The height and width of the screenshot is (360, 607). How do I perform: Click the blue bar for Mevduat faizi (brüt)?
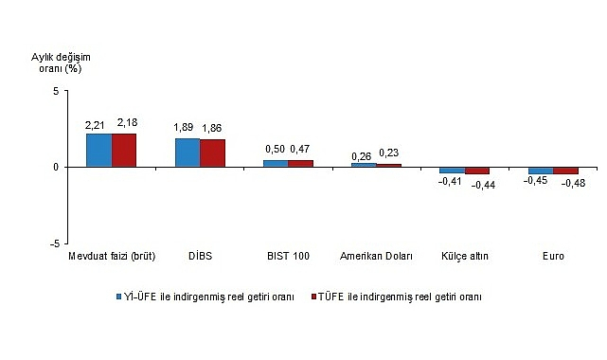click(x=99, y=150)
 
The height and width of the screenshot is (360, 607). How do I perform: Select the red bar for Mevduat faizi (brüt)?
click(x=125, y=150)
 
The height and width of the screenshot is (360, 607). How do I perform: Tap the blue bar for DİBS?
click(x=187, y=153)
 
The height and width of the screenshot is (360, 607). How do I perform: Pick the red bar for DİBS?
click(x=213, y=153)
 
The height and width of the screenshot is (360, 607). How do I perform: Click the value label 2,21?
click(x=96, y=124)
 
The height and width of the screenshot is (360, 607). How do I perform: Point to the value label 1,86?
click(x=215, y=129)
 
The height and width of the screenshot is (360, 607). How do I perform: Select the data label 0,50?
click(x=274, y=150)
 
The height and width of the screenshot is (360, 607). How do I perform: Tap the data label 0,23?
click(x=388, y=153)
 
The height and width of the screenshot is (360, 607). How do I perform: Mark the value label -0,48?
click(x=572, y=184)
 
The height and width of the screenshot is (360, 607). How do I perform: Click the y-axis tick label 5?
click(x=56, y=91)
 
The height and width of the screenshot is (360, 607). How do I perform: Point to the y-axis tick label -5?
click(x=54, y=243)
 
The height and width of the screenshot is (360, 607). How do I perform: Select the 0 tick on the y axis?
click(x=56, y=167)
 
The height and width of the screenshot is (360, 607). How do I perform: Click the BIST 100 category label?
click(x=288, y=257)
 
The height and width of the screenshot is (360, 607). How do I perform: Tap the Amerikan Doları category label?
click(x=376, y=257)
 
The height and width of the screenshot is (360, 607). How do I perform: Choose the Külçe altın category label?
click(x=464, y=257)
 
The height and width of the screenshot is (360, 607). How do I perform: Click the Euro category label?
click(x=553, y=257)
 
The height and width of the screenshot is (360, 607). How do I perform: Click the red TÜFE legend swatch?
click(x=316, y=297)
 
